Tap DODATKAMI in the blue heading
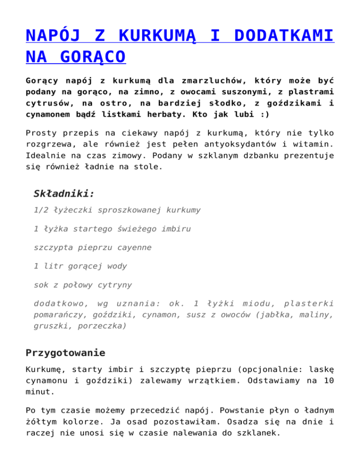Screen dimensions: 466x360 tap(285, 36)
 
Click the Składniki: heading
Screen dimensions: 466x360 tap(64, 193)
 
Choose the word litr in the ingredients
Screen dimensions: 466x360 tap(55, 266)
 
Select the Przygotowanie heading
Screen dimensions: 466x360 tap(66, 353)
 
